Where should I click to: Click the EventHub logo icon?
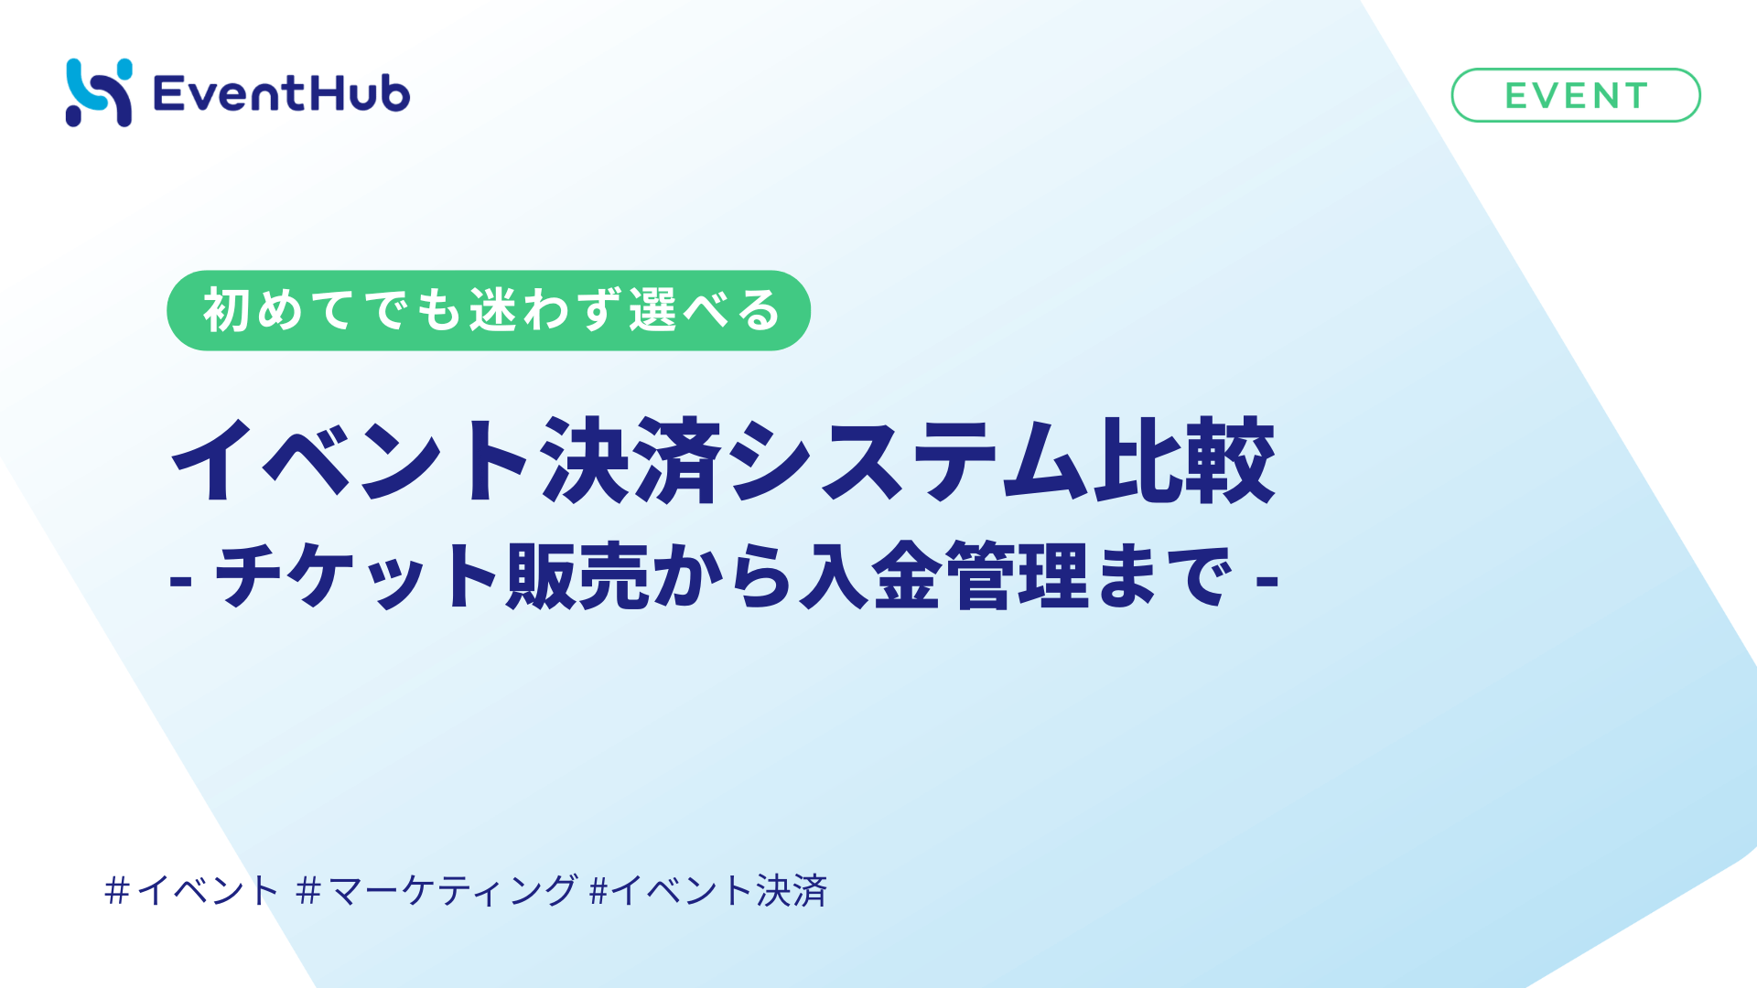point(99,92)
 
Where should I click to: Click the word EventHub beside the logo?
point(281,94)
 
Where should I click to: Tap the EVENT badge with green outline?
point(1575,95)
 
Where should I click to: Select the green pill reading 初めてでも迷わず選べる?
point(488,310)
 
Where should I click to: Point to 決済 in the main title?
point(631,460)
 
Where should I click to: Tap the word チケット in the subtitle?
point(357,576)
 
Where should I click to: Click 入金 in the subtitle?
point(870,576)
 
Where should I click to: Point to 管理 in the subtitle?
point(1017,576)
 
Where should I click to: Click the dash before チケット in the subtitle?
point(180,580)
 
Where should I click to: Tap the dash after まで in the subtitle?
point(1267,580)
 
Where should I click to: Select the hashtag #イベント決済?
point(709,890)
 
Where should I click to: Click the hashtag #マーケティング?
point(437,890)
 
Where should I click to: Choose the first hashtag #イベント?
point(192,890)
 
